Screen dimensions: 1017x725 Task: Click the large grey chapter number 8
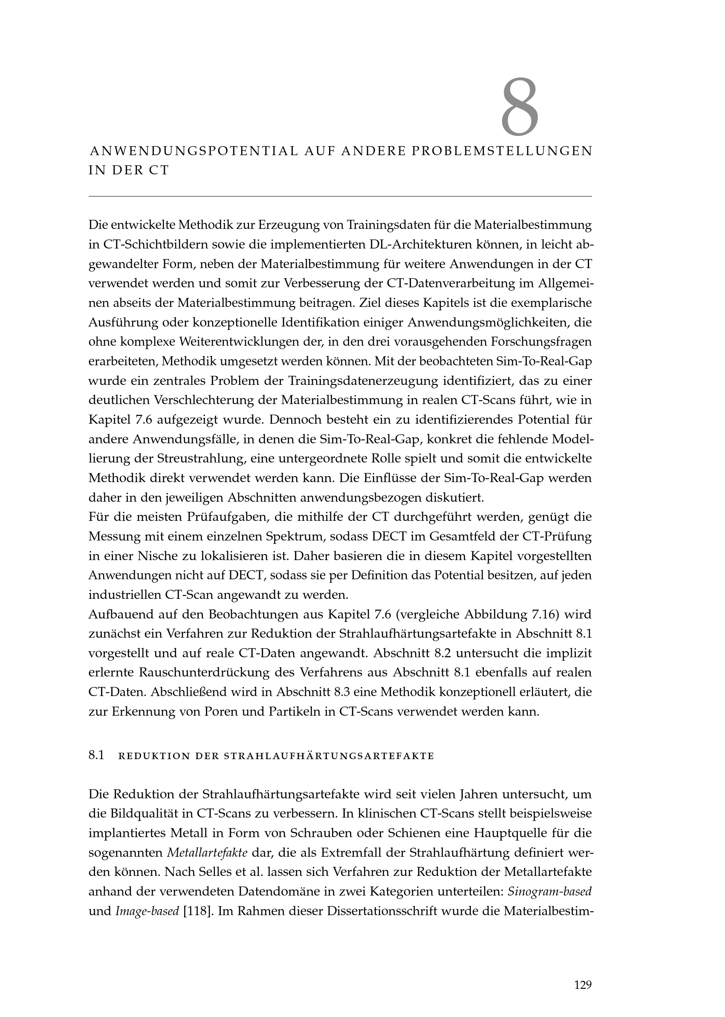pos(520,107)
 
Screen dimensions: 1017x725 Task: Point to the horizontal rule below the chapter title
pos(340,196)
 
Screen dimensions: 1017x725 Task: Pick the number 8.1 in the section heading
pos(96,755)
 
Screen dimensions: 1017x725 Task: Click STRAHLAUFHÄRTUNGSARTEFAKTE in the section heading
pos(329,756)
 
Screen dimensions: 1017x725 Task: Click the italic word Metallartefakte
pos(207,853)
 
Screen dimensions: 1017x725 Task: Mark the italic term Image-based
pos(147,911)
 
